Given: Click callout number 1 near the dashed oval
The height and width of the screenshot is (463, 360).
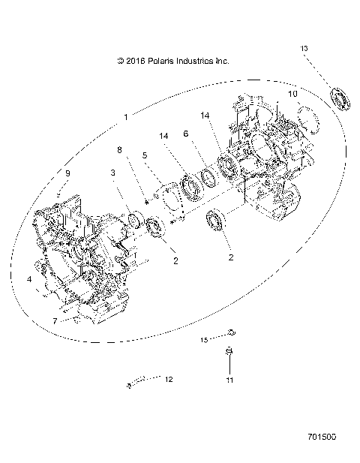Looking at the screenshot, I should [126, 117].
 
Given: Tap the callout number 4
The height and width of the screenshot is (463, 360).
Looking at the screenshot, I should [30, 279].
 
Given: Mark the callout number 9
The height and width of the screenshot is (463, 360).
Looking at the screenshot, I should [67, 173].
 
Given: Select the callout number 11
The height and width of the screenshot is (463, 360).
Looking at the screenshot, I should [230, 380].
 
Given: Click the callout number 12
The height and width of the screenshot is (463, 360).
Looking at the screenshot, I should [169, 380].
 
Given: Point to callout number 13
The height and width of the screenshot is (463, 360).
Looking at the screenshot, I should [304, 49].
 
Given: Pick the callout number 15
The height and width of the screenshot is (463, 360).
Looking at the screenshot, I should [203, 340].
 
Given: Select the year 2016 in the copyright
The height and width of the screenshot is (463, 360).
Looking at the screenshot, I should [136, 61].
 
